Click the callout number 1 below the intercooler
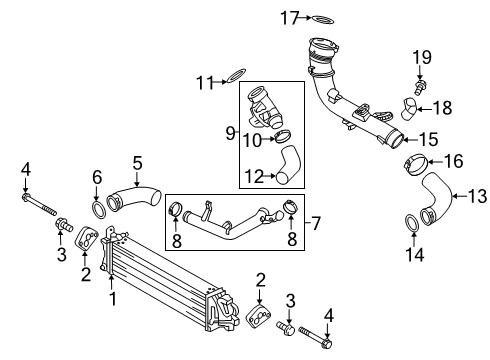[x=112, y=298]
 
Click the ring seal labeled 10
[x=284, y=137]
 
